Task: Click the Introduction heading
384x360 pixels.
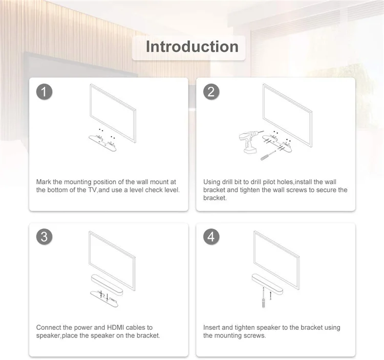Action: tap(192, 47)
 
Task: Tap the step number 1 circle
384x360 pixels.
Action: tap(45, 92)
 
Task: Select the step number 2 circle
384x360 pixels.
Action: tap(211, 92)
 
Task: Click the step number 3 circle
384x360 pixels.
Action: tap(45, 237)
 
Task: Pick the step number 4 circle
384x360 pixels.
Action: tap(211, 237)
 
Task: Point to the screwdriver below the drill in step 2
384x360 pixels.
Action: tap(268, 156)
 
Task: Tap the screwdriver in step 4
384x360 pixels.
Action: tap(264, 298)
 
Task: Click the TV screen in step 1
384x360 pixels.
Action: tap(113, 113)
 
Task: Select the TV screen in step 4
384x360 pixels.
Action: tap(276, 260)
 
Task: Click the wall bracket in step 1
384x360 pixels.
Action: tap(102, 143)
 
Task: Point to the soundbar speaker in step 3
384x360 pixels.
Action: tap(107, 285)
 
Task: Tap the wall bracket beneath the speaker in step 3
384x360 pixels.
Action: tap(104, 299)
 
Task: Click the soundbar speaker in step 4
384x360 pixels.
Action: tap(267, 284)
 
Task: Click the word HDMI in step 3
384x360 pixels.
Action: tap(116, 327)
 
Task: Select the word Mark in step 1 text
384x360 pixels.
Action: tap(44, 182)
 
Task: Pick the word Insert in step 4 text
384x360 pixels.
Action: tap(211, 327)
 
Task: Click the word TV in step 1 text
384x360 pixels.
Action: tap(93, 190)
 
